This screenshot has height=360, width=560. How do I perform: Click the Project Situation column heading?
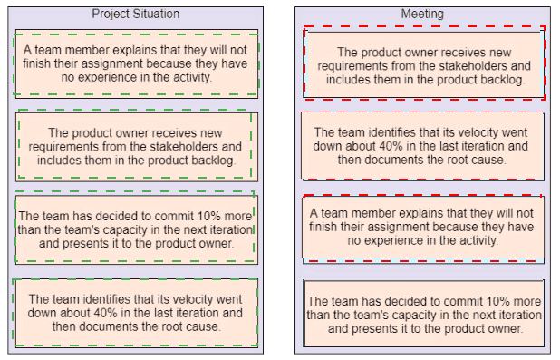[136, 14]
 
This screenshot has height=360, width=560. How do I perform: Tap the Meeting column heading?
[422, 14]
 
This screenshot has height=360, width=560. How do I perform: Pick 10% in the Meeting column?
[497, 301]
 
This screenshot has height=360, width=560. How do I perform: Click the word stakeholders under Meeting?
[467, 66]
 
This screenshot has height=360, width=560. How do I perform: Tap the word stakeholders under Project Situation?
[179, 147]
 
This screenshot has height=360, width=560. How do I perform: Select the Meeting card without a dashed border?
[423, 313]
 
